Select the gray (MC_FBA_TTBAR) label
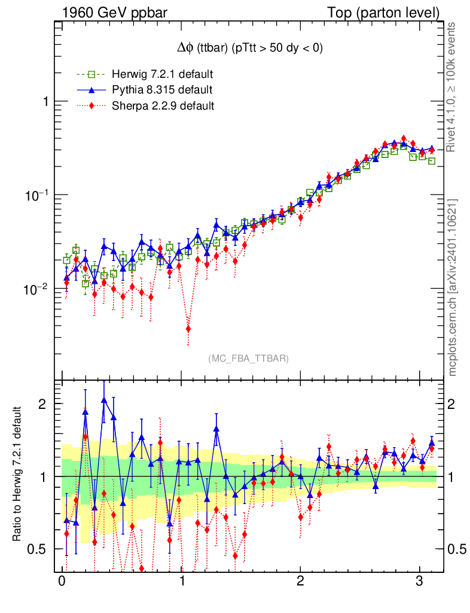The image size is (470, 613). [x=249, y=358]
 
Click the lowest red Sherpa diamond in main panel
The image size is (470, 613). [x=188, y=329]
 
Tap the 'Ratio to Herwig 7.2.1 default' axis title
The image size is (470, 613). [x=17, y=475]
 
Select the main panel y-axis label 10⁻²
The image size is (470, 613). [x=36, y=289]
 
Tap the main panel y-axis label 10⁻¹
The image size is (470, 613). [x=36, y=196]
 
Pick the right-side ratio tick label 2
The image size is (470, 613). [x=455, y=404]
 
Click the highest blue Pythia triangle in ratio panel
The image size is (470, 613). [x=104, y=400]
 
